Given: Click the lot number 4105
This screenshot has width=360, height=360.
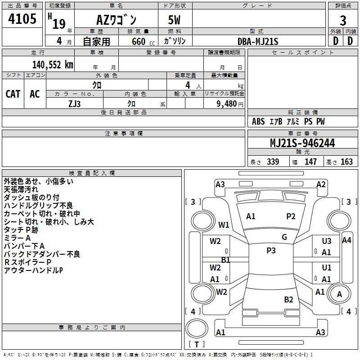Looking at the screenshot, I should [22, 19].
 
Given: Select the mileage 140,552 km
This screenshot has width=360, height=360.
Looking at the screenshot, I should [53, 65].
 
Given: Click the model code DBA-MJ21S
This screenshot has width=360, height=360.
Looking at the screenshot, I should [258, 41].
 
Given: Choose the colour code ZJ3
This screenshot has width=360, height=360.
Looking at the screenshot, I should [75, 103].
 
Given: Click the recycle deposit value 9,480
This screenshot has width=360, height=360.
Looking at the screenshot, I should [227, 103].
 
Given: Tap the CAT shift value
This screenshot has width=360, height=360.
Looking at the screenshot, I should [13, 94].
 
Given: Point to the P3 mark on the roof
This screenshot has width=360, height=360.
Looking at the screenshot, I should [271, 251].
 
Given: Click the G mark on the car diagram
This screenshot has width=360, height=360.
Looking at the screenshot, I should [284, 237].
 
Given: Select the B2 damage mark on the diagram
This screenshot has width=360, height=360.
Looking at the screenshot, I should [288, 300].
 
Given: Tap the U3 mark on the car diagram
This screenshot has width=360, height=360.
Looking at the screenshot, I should [327, 242].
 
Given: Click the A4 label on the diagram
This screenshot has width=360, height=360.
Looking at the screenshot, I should [346, 240].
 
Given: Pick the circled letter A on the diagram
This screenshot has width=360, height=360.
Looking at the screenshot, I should [340, 294].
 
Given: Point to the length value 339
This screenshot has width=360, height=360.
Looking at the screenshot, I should [273, 162].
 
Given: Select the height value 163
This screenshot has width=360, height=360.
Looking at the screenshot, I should [346, 162].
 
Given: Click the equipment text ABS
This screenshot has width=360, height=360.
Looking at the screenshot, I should [258, 121].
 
